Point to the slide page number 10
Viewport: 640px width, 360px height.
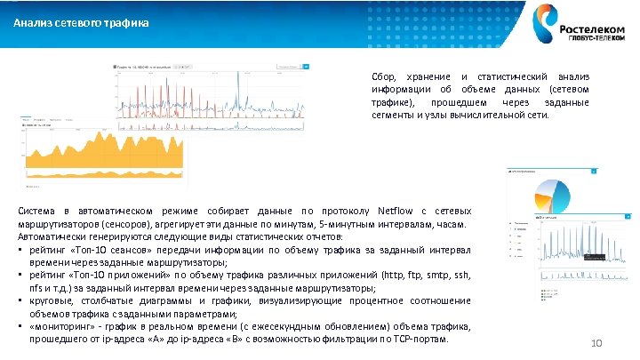click(x=596, y=344)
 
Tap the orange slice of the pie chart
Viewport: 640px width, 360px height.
click(x=544, y=196)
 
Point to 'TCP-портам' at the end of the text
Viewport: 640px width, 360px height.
click(x=420, y=340)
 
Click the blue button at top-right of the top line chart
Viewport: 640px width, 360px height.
click(x=307, y=65)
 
